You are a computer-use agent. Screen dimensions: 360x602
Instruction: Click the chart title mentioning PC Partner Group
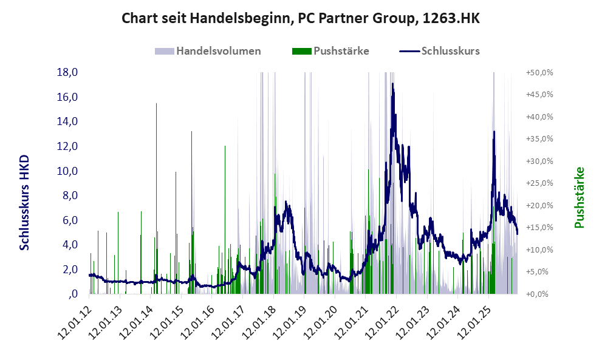point(301,18)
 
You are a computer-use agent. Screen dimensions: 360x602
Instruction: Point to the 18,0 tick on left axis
point(67,72)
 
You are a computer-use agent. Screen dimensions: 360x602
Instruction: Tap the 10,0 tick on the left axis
point(67,171)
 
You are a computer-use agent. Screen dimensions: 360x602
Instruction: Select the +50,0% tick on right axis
point(539,72)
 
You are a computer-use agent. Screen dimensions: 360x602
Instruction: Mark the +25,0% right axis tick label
point(539,183)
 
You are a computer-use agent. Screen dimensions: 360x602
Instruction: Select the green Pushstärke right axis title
point(579,197)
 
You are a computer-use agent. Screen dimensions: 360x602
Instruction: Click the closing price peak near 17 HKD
point(393,85)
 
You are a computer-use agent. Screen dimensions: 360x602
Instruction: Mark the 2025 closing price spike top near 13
point(494,132)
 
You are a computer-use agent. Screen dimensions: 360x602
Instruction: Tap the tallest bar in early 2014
point(156,104)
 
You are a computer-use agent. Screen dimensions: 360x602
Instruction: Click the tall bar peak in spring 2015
point(191,132)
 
